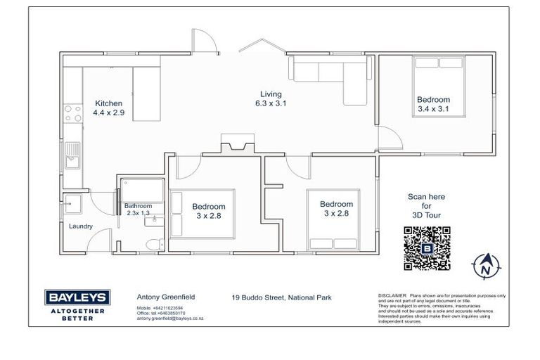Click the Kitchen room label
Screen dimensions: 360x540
109,103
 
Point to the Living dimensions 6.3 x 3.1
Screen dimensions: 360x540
271,103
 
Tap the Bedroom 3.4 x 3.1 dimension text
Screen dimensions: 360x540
432,109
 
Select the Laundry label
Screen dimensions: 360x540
81,226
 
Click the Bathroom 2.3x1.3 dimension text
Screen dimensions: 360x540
138,213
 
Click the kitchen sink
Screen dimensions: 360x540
72,159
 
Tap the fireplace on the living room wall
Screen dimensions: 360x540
233,143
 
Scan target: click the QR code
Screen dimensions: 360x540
427,248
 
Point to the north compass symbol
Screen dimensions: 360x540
485,267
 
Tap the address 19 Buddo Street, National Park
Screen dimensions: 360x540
281,297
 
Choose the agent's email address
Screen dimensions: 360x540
169,319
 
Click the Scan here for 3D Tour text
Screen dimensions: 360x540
426,206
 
